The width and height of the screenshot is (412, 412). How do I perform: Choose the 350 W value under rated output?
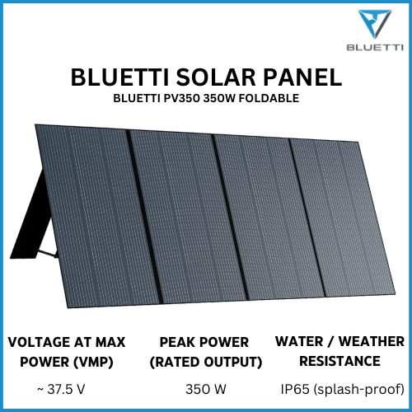[x=205, y=388]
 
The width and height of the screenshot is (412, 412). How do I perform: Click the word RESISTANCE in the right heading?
[x=339, y=361]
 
